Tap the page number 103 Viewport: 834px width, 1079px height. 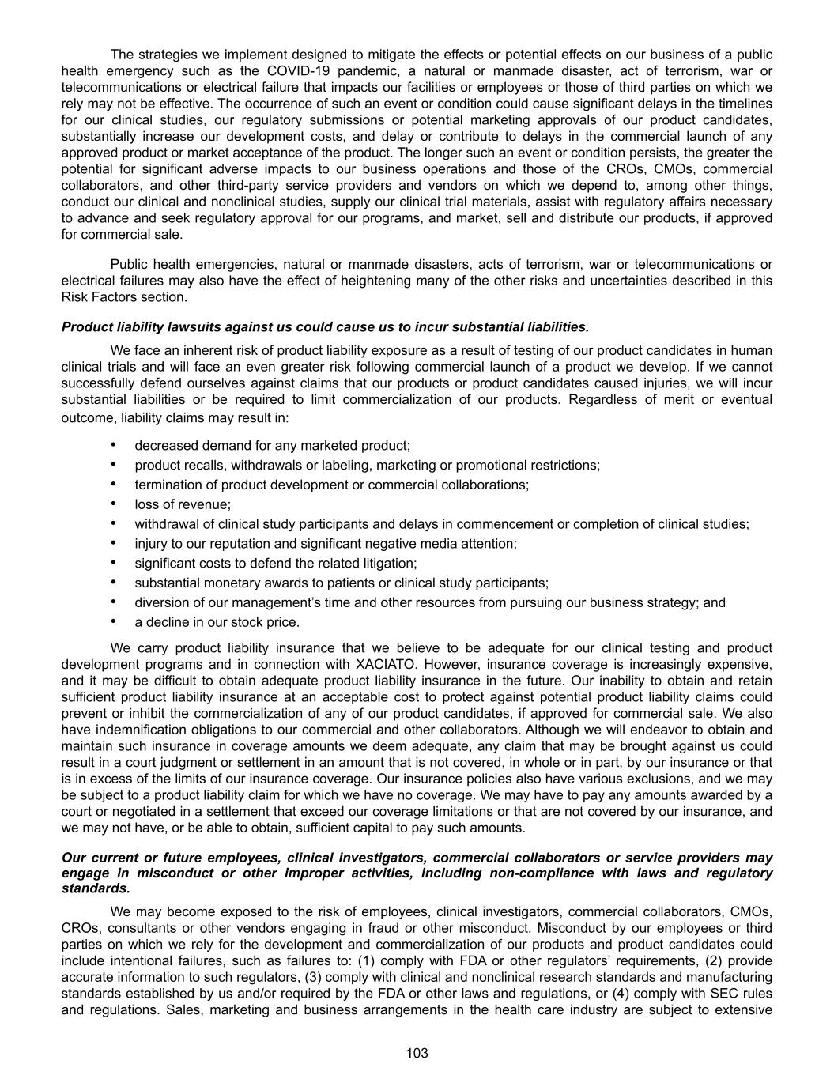click(417, 1053)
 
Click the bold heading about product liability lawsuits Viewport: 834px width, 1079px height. click(325, 327)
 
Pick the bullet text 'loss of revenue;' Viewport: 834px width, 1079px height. click(183, 504)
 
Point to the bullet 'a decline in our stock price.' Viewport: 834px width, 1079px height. click(217, 622)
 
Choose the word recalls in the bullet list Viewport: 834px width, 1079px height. click(203, 465)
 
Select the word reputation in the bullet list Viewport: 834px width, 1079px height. click(240, 544)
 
